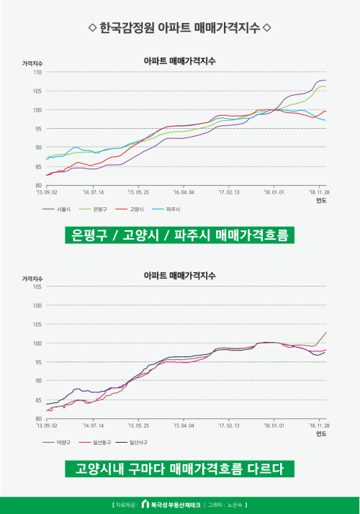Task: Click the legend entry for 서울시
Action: point(56,209)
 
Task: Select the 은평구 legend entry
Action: point(93,209)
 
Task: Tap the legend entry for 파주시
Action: point(166,209)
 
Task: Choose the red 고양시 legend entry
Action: point(130,209)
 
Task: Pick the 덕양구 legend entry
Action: point(56,443)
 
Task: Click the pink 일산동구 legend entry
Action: point(95,443)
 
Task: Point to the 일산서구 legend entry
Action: point(132,443)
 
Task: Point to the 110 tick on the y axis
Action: point(37,72)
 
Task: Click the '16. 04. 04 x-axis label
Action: point(184,192)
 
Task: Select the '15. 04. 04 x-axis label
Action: point(184,425)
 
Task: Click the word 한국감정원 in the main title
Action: point(127,27)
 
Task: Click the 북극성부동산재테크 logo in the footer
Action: point(171,505)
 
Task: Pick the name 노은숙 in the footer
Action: point(235,505)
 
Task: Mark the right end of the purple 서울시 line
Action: point(326,80)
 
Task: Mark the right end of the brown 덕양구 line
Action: point(326,333)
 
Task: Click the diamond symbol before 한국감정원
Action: point(92,27)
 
